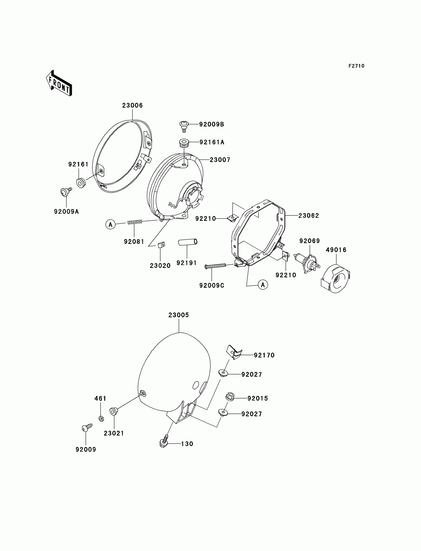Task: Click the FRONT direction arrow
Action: (59, 83)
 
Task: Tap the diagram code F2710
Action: (356, 66)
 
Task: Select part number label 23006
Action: (132, 105)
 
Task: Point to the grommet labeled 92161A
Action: (184, 143)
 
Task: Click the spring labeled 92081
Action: (134, 222)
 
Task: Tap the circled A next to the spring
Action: (110, 224)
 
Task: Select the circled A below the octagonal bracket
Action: (263, 285)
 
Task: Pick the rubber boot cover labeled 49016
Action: (336, 278)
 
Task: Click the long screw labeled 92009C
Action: (215, 266)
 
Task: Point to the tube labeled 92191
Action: (188, 242)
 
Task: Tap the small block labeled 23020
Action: (161, 245)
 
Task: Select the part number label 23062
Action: (309, 216)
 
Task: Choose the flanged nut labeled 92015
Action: (229, 397)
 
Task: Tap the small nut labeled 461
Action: (101, 418)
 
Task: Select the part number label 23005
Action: (178, 315)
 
